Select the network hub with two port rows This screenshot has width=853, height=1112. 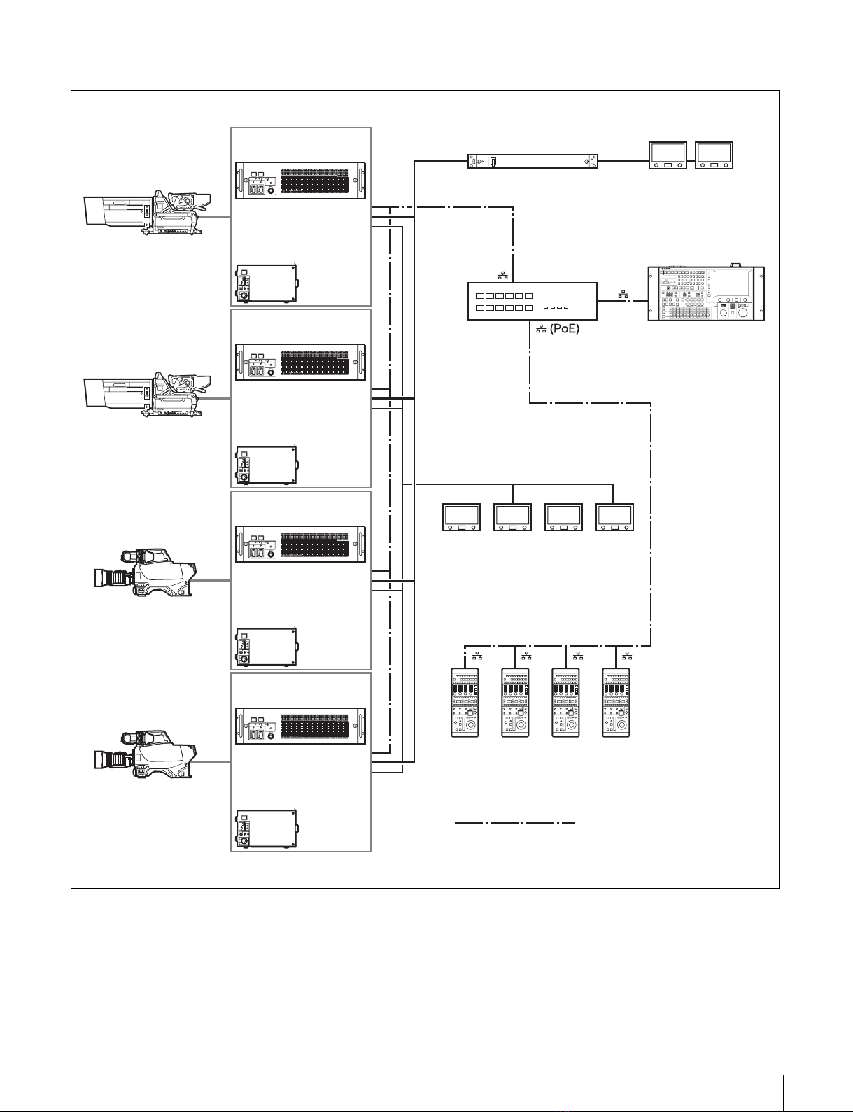point(533,302)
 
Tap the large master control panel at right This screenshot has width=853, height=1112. point(706,294)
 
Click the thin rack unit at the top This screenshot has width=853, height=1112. point(533,162)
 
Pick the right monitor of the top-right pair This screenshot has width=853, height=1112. point(714,155)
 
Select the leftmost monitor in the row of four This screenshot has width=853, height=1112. point(462,517)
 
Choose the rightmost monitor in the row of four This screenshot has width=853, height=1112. point(614,517)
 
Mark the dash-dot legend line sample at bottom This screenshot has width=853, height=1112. point(515,824)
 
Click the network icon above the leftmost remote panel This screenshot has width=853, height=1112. point(477,656)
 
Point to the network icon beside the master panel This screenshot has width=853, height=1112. point(623,295)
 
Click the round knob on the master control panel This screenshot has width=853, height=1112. point(742,312)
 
